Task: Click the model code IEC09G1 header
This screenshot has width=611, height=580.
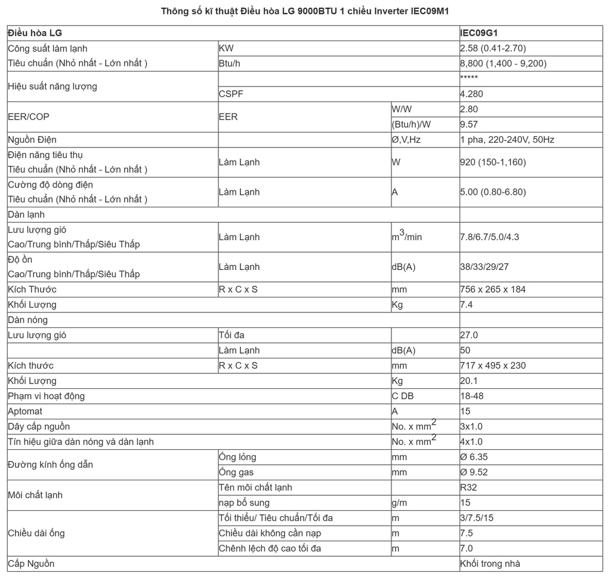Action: point(479,33)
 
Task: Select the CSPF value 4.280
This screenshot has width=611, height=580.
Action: point(471,94)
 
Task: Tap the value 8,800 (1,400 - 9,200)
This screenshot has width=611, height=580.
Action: point(503,63)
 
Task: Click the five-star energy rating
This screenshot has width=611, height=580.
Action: point(468,78)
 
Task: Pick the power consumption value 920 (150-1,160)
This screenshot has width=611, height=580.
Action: point(492,162)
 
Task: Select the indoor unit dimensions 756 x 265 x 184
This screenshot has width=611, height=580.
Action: point(493,289)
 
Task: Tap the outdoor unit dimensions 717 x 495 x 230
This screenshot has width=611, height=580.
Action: point(493,366)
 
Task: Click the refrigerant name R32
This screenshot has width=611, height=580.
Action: point(468,487)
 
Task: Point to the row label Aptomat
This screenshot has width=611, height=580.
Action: point(25,412)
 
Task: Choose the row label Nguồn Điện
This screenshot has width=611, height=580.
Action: point(32,140)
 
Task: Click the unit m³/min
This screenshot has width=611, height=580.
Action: point(406,237)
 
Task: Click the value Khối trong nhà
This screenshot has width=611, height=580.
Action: point(490,564)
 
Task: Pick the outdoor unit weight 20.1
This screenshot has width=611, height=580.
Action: point(468,381)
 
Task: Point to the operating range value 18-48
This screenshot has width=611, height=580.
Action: point(471,396)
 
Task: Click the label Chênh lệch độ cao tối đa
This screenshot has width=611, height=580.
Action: point(270,548)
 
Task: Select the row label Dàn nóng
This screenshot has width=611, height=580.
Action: point(27,320)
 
